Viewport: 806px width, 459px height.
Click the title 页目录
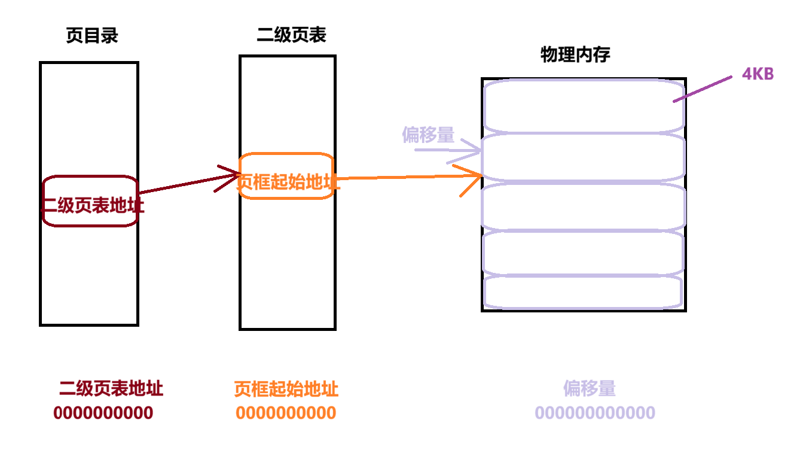click(x=92, y=36)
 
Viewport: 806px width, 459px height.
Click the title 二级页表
click(x=291, y=35)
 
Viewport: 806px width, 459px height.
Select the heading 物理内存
click(x=575, y=55)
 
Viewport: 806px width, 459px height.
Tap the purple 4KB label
click(x=758, y=74)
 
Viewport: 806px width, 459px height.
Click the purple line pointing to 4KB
click(x=703, y=89)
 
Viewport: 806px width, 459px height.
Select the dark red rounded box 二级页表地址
click(x=90, y=202)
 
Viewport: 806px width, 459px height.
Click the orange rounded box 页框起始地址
click(x=286, y=176)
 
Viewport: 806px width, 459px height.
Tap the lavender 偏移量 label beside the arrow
click(x=428, y=135)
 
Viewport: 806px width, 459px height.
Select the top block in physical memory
click(x=583, y=105)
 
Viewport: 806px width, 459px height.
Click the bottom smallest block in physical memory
click(x=583, y=291)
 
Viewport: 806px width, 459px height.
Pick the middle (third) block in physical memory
click(x=583, y=206)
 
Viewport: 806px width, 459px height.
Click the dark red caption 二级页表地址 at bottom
click(x=111, y=389)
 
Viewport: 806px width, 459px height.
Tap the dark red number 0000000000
click(x=103, y=413)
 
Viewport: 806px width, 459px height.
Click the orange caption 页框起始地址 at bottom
click(x=286, y=390)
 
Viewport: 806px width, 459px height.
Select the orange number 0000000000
click(x=286, y=413)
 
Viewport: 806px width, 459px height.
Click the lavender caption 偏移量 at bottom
click(x=589, y=388)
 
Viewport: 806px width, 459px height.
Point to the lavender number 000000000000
click(x=595, y=413)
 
